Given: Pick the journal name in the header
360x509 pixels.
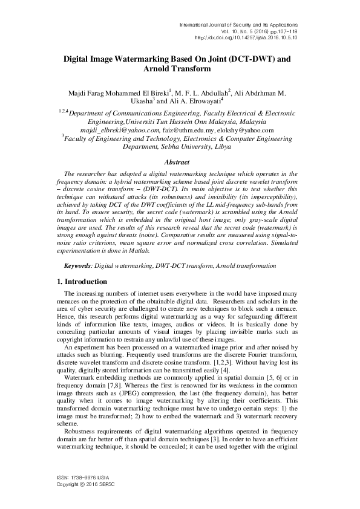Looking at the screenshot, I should (x=239, y=23).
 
